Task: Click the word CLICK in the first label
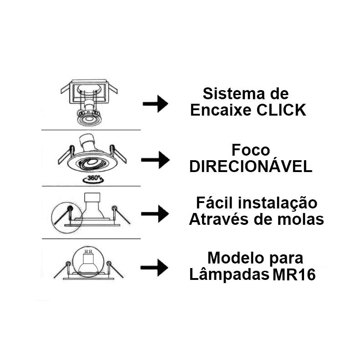pos(281,110)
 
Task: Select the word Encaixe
pos(221,110)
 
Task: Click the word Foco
pos(251,150)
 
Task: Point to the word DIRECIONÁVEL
pos(251,167)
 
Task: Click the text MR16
pos(294,274)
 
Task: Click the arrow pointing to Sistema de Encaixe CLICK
pos(156,104)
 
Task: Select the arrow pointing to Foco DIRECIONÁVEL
pos(156,160)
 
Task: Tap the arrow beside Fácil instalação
pos(155,214)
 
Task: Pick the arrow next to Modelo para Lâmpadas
pos(154,268)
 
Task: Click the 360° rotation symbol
pos(93,178)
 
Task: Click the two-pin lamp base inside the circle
pos(88,256)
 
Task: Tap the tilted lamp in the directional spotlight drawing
pos(87,143)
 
